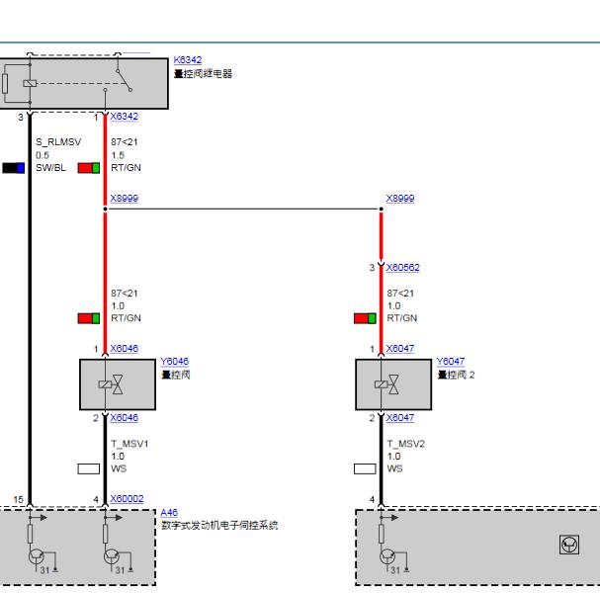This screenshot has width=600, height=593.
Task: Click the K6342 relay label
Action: coord(187,60)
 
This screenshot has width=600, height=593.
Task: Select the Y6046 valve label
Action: coord(174,362)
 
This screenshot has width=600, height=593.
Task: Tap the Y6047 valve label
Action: coord(451,362)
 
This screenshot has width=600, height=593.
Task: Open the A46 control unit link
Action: coord(169,513)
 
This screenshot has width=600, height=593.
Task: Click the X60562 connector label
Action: coord(402,267)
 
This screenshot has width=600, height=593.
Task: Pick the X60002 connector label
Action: coord(127,500)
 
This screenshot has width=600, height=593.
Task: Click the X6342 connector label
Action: coord(124,117)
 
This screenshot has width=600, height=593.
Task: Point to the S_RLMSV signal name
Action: coord(58,142)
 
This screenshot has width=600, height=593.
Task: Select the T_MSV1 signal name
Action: coord(129,444)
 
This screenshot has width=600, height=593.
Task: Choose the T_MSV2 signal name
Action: coord(405,444)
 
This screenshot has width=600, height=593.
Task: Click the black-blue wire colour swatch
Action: coord(13,168)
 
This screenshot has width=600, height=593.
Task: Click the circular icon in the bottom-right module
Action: coord(569,545)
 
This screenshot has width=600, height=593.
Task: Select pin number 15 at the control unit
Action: coord(17,500)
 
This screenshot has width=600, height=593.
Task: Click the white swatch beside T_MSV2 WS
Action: coord(365,468)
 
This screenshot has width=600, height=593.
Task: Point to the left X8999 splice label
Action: coord(124,199)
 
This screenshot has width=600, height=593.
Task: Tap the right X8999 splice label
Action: coord(400,199)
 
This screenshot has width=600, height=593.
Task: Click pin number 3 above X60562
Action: coord(373,268)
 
